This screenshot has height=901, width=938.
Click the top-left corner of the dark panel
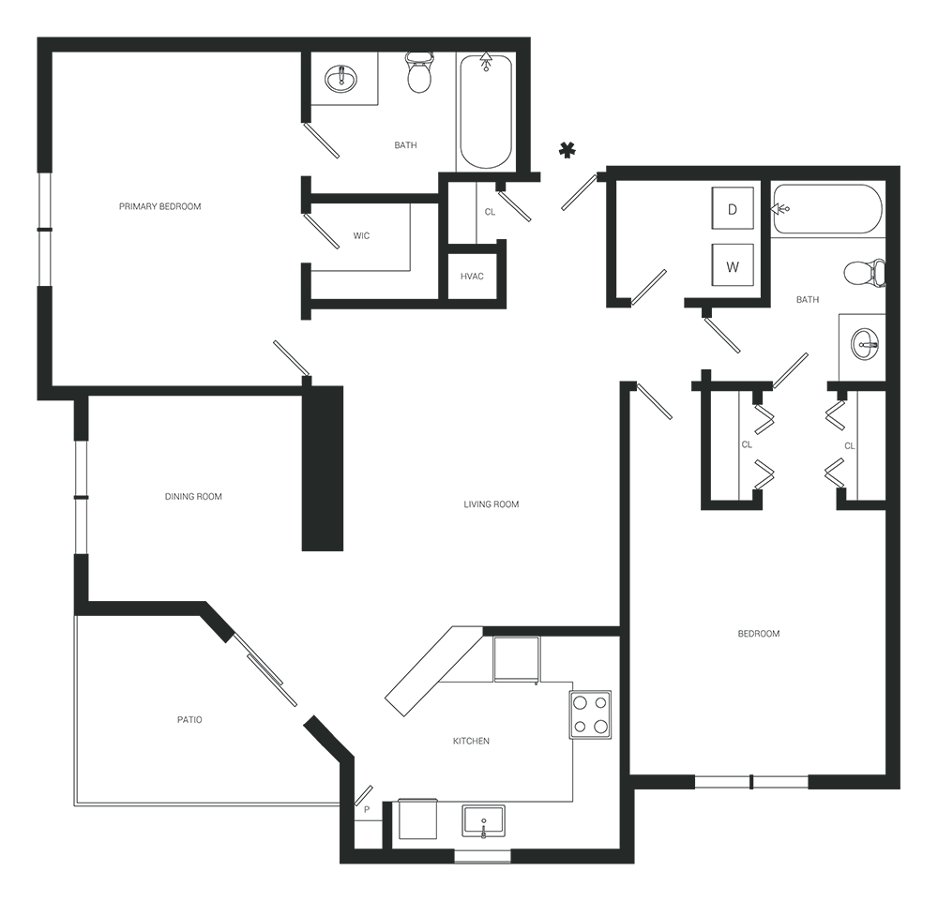pyautogui.click(x=38, y=38)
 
